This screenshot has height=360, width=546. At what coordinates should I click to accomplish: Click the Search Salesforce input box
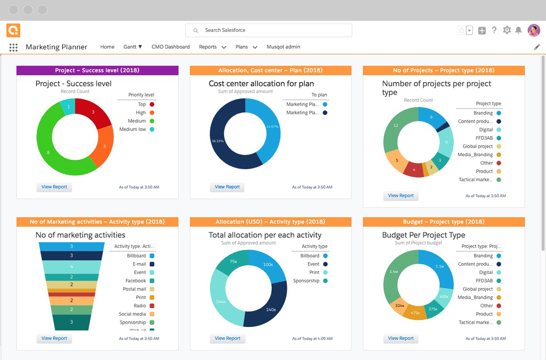click(269, 30)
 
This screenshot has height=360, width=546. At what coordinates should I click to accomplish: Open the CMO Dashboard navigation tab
click(171, 47)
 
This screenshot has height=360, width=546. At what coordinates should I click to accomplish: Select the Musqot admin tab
click(283, 47)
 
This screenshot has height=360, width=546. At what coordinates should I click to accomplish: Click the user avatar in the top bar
click(534, 30)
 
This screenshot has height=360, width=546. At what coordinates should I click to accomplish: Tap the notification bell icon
click(518, 30)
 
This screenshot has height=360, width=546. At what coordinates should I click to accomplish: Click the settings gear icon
click(507, 30)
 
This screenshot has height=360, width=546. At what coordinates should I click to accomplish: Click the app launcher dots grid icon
click(13, 47)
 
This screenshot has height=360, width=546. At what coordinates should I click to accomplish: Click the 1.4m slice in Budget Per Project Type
click(394, 271)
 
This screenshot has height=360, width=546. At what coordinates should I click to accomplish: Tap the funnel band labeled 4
click(71, 266)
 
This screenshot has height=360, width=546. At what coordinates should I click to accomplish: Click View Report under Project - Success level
click(54, 187)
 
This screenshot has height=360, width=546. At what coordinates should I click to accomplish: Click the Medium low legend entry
click(136, 130)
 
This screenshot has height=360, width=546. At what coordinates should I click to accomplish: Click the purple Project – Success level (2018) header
click(97, 70)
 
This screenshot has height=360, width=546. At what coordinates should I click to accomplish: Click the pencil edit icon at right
click(537, 47)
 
